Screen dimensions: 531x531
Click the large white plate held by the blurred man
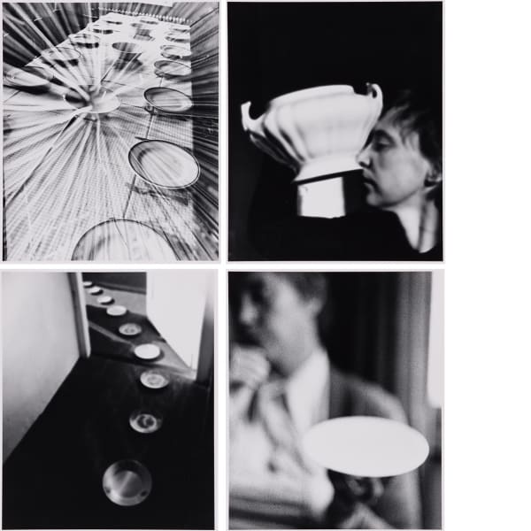click(365, 447)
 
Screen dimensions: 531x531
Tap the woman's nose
click(364, 165)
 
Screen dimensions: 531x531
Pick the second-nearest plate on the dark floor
click(144, 420)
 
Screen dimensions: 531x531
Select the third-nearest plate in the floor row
click(154, 380)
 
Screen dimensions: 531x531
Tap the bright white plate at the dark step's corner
click(147, 351)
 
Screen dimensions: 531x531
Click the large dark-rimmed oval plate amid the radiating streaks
click(164, 164)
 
